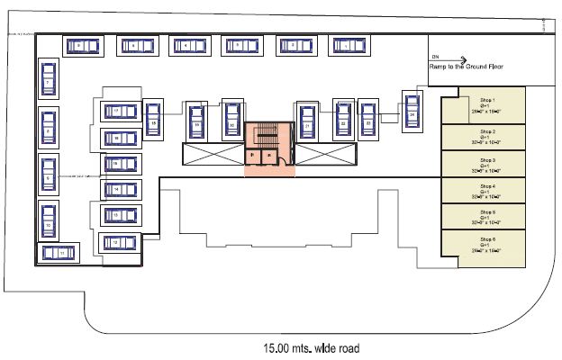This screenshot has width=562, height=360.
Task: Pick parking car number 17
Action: click(x=118, y=111)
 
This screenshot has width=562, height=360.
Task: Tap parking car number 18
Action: click(x=118, y=137)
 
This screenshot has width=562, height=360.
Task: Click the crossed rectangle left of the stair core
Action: click(x=213, y=154)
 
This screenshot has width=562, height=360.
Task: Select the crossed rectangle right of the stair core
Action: click(x=323, y=154)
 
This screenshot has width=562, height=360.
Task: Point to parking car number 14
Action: click(x=118, y=189)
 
